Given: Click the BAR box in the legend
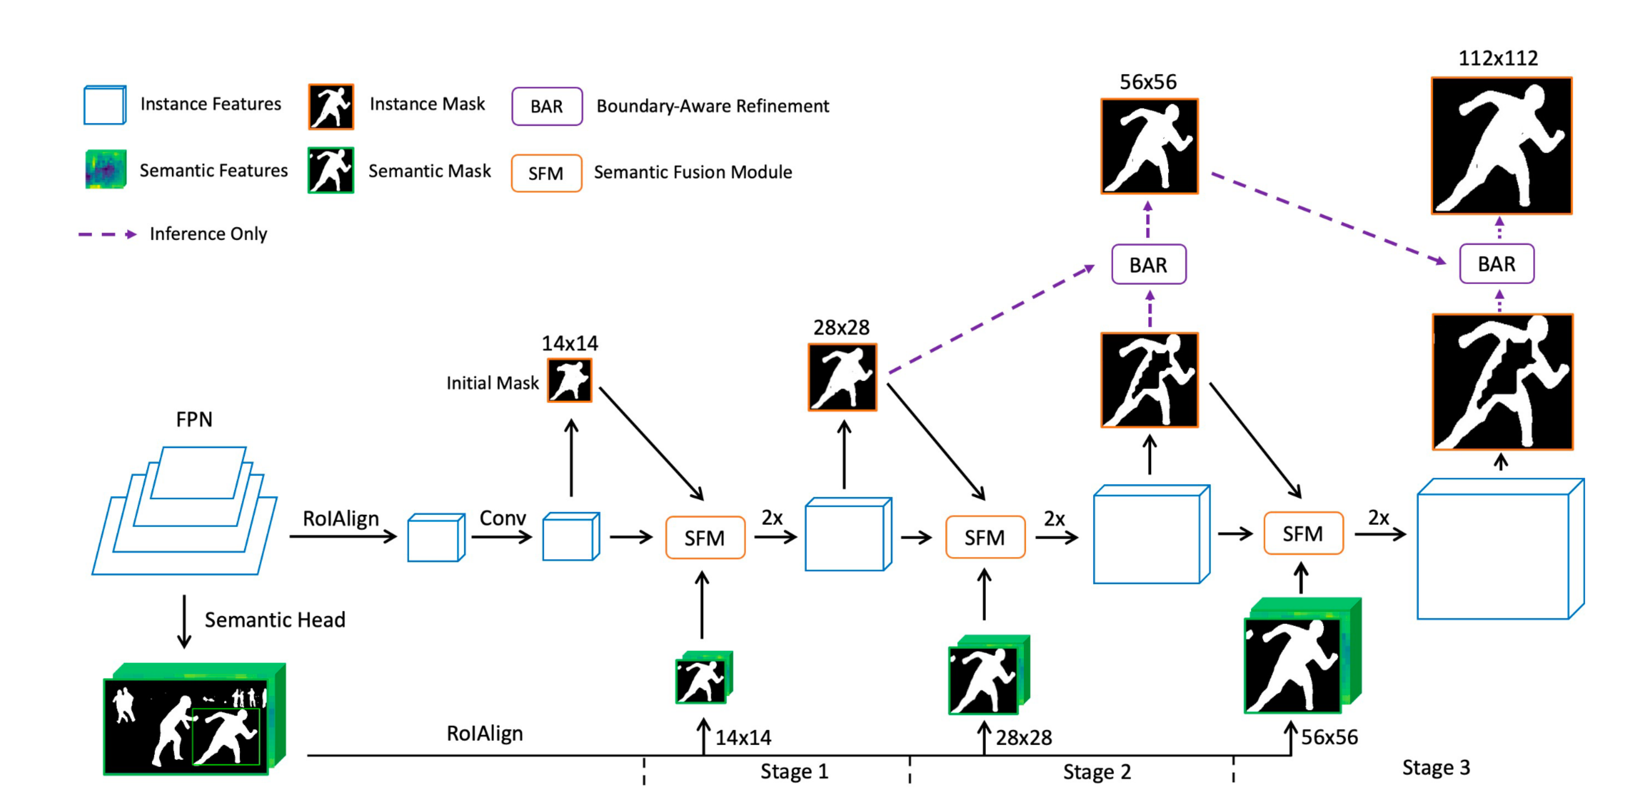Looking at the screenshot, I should pos(546,106).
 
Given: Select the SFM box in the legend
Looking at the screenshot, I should pos(546,173).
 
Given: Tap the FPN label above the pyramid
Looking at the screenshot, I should pos(194,419).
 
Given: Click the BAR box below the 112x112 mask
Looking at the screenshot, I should pos(1496,264).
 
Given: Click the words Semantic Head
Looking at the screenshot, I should pos(275,620).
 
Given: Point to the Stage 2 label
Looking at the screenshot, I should pos(1097,772).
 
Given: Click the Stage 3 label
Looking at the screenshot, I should pos(1435,767).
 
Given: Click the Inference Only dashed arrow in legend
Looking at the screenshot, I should pos(108,234).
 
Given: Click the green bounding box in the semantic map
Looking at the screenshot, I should pos(226,736).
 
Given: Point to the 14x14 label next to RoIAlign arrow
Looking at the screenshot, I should pos(743,737).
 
